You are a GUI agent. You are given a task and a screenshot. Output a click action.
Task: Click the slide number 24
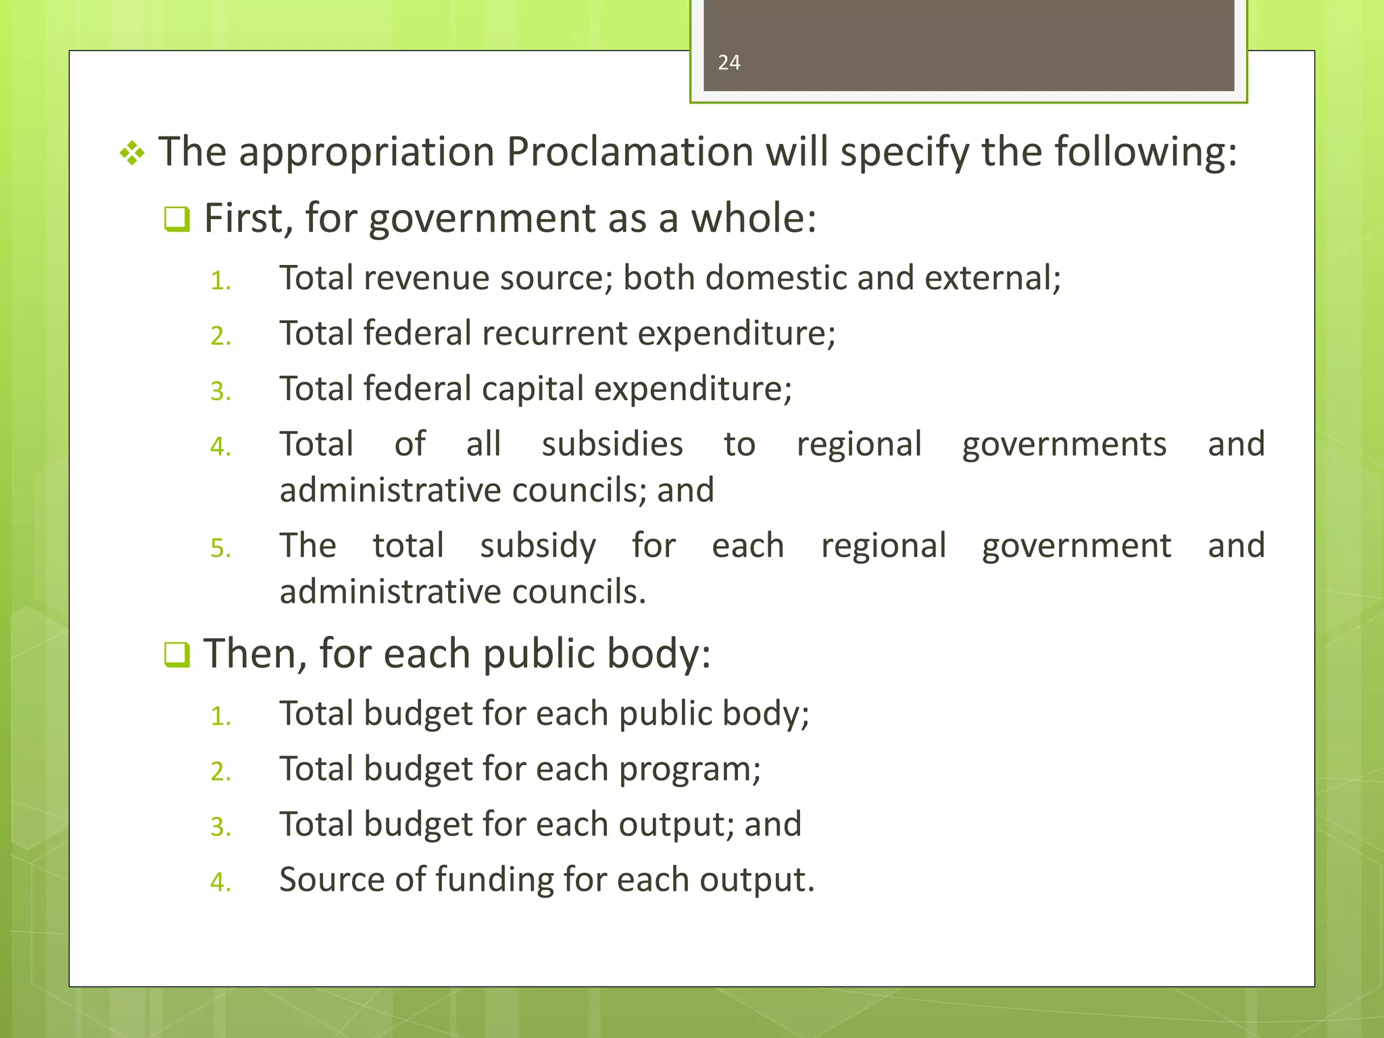coord(728,63)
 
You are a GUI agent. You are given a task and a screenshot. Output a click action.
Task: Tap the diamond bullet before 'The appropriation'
coord(132,153)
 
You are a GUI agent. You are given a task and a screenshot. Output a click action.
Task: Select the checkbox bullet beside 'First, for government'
coord(177,220)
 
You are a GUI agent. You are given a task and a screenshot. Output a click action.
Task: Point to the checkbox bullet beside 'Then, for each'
coord(177,655)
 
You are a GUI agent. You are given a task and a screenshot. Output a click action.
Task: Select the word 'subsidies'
coord(612,445)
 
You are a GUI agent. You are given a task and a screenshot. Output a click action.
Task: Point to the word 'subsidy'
coord(538,546)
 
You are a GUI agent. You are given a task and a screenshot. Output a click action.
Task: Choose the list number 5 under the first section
coord(220,548)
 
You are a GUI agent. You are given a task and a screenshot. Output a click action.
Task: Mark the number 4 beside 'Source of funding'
coord(220,882)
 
